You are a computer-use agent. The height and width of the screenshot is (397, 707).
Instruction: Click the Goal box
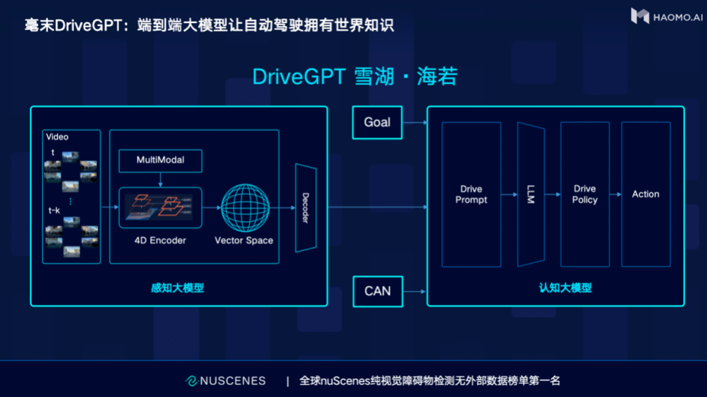click(x=377, y=123)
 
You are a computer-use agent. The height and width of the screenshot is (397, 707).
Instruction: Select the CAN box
click(x=378, y=292)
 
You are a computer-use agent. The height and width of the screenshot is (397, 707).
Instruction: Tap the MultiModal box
click(x=161, y=161)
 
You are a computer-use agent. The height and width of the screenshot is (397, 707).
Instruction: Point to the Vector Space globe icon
click(x=245, y=207)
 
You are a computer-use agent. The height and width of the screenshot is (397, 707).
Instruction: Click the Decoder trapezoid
click(x=306, y=208)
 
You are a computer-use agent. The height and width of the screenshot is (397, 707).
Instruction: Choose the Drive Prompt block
click(x=471, y=194)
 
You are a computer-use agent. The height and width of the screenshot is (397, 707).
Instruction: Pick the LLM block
click(x=531, y=194)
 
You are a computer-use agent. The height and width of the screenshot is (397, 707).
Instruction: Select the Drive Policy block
click(x=585, y=194)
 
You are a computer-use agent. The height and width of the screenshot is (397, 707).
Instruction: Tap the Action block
click(x=645, y=194)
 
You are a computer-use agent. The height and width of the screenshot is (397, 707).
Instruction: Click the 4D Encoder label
click(x=160, y=240)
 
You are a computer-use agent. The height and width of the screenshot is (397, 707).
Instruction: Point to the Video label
click(x=57, y=137)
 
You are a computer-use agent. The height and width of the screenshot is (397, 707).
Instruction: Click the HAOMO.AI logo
click(x=667, y=16)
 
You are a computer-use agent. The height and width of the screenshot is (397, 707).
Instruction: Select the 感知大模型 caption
click(x=177, y=287)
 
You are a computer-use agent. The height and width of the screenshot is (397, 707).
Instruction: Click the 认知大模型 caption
click(x=565, y=287)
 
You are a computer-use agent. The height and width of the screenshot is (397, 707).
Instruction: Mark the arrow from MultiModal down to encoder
click(x=161, y=179)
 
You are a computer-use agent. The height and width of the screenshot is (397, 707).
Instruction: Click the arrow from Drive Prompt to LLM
click(x=509, y=194)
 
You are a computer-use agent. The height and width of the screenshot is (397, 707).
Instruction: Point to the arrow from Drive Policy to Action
click(x=615, y=194)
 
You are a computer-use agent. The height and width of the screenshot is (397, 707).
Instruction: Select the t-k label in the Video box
click(x=54, y=210)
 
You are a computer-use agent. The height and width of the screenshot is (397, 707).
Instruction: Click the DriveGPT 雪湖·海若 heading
click(x=355, y=76)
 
